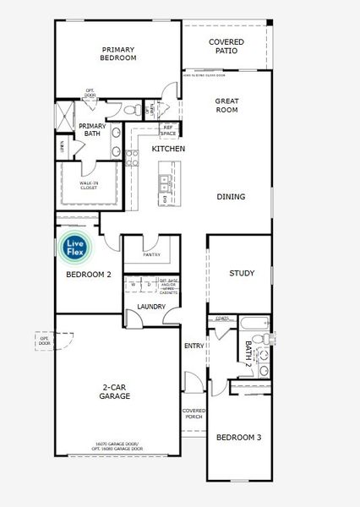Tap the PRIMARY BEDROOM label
pos(119,54)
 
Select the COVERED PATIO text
pos(226,46)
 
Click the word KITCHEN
pos(168,149)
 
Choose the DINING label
pos(231,197)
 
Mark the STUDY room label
pos(243,273)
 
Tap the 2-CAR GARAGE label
pos(114,390)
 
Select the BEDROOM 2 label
pos(89,275)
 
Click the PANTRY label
pos(151,253)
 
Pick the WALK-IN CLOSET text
pos(88,185)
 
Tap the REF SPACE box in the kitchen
pos(169,130)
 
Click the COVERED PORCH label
pos(194,414)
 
